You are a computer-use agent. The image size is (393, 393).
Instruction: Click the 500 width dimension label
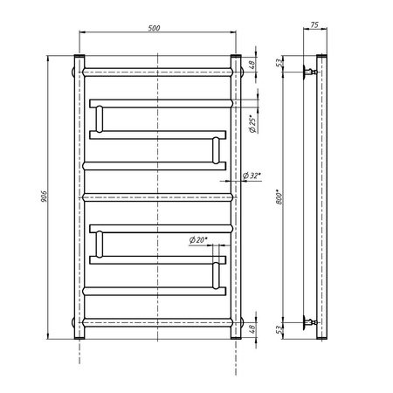pos(154,28)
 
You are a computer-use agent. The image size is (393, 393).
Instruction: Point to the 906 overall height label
pos(44,196)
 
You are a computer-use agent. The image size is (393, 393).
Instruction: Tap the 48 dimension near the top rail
pos(252,65)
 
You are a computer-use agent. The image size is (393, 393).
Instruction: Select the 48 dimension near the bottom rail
pos(252,328)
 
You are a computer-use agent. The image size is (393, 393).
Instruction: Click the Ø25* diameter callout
pos(253,125)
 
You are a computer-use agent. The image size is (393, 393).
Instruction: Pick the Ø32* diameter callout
pos(252,176)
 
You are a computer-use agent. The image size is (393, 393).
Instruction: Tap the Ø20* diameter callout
pos(198,240)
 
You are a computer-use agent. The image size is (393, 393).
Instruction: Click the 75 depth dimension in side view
pos(314,25)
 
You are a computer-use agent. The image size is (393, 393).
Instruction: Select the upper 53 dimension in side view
pos(279,63)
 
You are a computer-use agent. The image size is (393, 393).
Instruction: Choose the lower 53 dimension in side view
pos(279,330)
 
